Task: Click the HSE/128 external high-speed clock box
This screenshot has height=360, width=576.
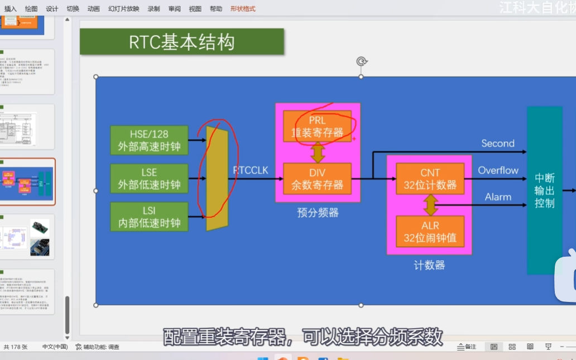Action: pos(149,140)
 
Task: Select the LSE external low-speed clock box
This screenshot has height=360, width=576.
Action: pos(149,179)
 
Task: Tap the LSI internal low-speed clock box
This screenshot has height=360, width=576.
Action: pos(149,217)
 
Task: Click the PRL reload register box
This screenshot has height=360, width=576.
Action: pos(317,127)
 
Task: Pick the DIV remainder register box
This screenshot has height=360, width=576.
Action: pos(317,178)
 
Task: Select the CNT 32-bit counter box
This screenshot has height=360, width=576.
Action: pos(430,179)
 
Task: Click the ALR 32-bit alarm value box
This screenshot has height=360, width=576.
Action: pos(430,232)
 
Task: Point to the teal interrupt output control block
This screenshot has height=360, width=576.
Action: pos(544,190)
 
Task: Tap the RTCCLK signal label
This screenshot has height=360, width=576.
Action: pos(251,170)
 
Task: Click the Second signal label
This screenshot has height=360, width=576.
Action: pos(498,143)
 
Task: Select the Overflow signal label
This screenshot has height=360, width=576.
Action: pos(498,170)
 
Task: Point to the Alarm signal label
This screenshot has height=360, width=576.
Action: pos(498,196)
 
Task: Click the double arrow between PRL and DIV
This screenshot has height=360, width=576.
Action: pos(318,152)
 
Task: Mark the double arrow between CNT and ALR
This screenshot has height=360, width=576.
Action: pos(430,205)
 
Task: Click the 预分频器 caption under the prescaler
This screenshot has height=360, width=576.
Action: pos(318,213)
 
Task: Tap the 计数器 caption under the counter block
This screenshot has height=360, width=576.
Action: pos(429,265)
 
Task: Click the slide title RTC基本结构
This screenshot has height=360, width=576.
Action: pos(181,42)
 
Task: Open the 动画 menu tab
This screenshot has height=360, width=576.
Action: pos(94,9)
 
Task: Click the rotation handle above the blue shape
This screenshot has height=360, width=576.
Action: pos(361,61)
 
